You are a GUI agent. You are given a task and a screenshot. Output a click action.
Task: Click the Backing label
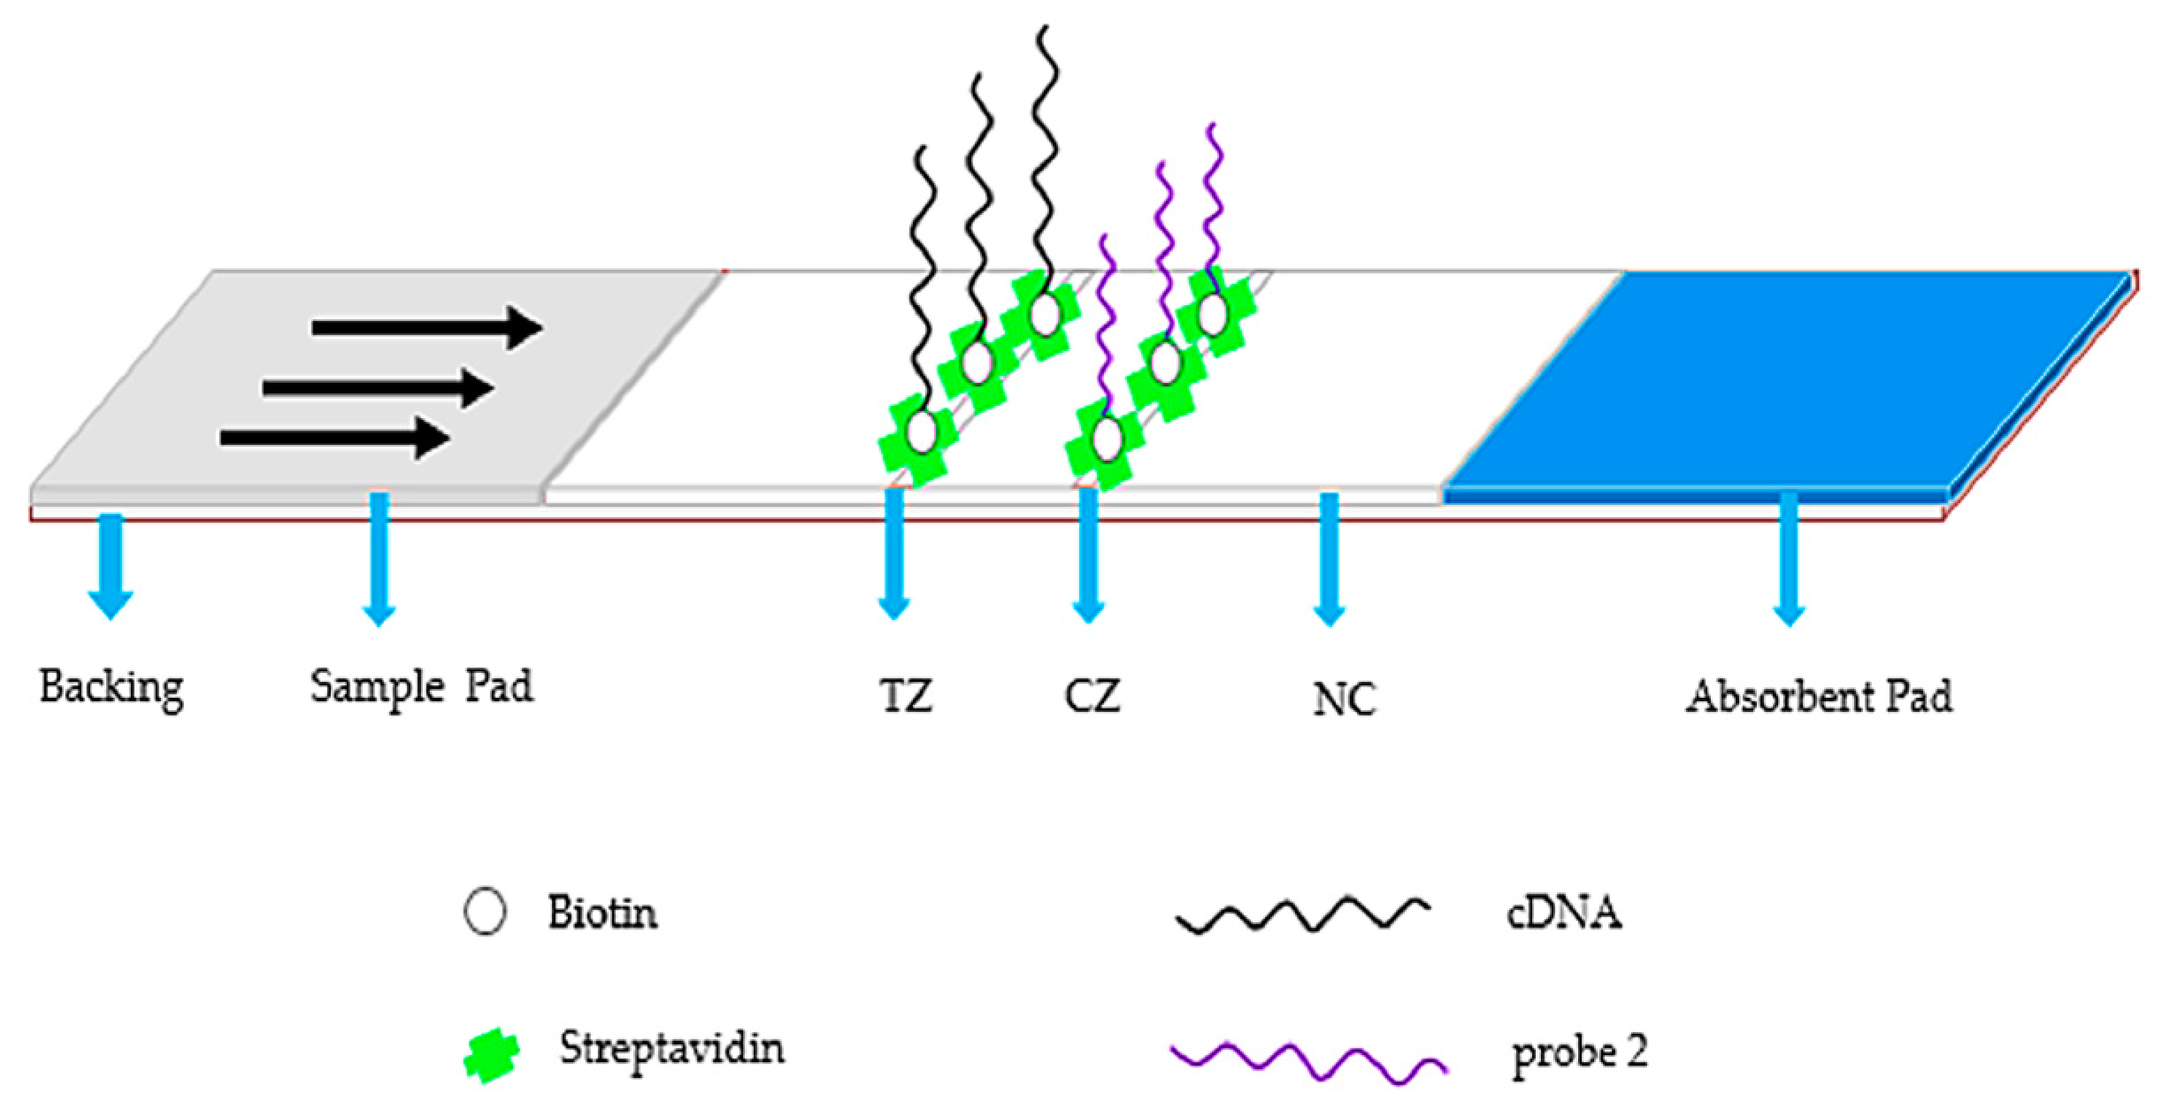[111, 688]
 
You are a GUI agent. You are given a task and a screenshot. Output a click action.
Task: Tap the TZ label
[906, 697]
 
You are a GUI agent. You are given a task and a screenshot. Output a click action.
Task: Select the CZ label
[1092, 697]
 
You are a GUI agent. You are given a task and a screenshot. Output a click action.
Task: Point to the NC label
[1344, 700]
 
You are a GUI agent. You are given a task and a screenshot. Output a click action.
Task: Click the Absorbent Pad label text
[1818, 698]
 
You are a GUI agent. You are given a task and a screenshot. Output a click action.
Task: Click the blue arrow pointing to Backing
[111, 566]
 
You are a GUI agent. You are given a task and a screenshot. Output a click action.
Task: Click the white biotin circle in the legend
[485, 912]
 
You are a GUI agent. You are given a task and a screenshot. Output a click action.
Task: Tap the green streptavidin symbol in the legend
[492, 1055]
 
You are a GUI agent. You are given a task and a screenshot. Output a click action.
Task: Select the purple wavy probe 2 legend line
[1307, 1059]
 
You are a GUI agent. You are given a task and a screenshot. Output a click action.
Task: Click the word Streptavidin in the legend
[671, 1050]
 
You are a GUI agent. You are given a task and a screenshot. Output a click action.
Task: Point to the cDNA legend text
[1564, 914]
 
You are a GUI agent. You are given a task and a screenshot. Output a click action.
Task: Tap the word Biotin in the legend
[602, 914]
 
